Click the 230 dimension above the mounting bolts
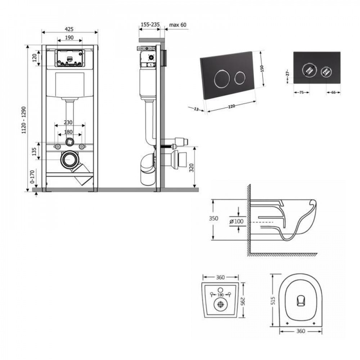[x=69, y=122]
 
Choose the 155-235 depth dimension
[x=150, y=25]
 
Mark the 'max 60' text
[x=178, y=25]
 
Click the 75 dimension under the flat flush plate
[x=301, y=93]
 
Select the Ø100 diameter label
[x=236, y=221]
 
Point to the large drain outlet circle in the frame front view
[x=69, y=159]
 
